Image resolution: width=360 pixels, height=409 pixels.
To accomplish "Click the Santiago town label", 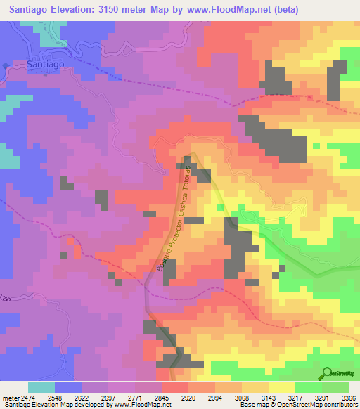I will click(x=45, y=64).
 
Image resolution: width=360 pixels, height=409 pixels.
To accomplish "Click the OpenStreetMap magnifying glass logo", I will click(x=328, y=373).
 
